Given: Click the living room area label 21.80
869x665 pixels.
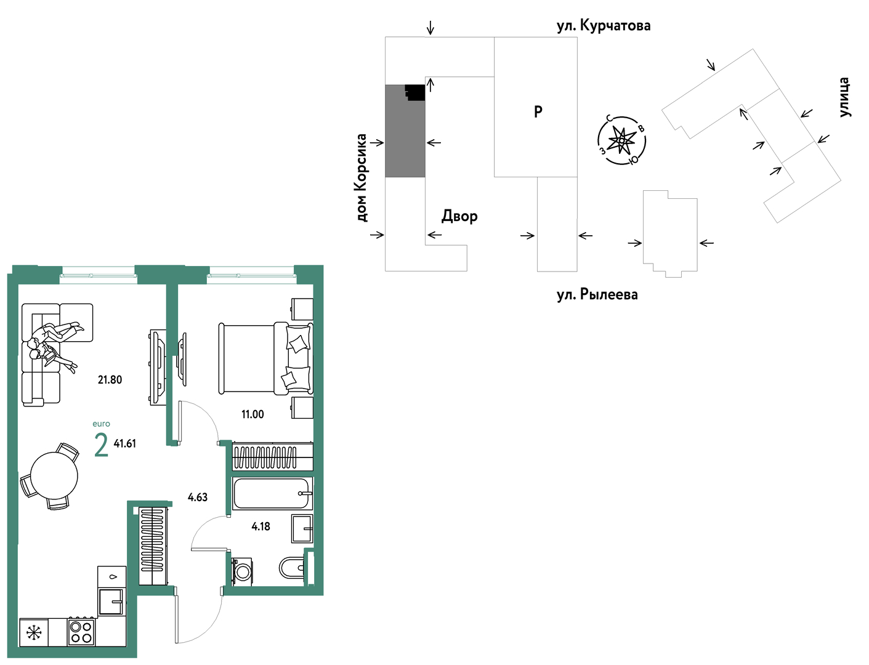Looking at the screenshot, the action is pos(110,380).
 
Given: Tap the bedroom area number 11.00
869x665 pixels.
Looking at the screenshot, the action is pos(253,414).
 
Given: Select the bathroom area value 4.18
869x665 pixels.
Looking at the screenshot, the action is pos(261,526).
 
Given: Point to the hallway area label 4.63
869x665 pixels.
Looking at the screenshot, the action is pos(197,497).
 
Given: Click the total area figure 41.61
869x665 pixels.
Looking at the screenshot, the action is pos(124,444).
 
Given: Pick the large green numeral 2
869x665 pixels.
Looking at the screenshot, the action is pos(101,445).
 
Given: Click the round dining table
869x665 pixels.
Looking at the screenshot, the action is pos(54,475).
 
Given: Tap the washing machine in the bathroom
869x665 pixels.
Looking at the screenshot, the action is pos(242,571).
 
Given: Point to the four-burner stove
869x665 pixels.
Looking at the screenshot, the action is pos(81,632).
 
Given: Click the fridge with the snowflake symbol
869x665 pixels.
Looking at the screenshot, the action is pos(34,632).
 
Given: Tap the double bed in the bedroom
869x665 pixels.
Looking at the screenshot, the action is pos(265,358).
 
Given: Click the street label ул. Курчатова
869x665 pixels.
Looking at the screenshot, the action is pos(604,26).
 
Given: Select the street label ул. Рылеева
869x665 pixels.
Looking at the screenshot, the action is pos(597,294).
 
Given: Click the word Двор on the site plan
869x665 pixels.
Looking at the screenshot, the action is pos(459,216).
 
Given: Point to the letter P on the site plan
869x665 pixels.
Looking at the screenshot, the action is pos(538,112).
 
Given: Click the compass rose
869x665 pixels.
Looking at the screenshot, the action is pos(621,140).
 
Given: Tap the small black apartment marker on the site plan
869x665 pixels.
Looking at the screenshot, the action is pos(415,92).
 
